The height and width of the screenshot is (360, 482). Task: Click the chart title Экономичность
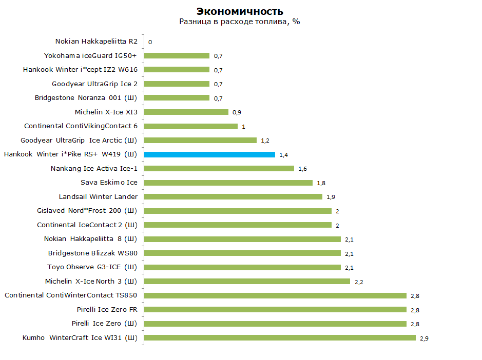click(x=240, y=11)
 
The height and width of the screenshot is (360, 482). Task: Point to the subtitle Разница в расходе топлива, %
click(x=240, y=22)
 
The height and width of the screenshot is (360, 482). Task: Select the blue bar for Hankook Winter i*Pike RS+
click(x=209, y=154)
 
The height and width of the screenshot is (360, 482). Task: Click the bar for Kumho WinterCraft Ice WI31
click(x=280, y=337)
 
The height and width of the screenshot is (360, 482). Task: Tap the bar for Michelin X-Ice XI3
click(x=186, y=112)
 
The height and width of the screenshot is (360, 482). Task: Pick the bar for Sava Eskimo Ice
click(x=228, y=183)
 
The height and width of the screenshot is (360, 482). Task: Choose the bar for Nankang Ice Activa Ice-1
click(x=219, y=168)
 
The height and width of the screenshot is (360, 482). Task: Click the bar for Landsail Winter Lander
click(x=233, y=196)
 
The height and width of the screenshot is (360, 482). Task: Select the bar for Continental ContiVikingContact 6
click(x=190, y=126)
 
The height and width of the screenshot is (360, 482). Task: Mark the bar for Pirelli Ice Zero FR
click(x=275, y=309)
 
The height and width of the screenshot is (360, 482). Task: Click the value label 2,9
click(x=424, y=338)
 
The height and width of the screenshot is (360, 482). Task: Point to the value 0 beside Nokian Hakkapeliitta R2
click(x=150, y=42)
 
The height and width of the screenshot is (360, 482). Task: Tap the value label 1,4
click(x=283, y=155)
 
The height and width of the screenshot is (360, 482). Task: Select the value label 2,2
click(x=358, y=282)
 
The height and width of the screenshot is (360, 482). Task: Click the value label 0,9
click(x=237, y=112)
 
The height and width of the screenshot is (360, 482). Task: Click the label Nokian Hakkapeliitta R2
click(x=97, y=42)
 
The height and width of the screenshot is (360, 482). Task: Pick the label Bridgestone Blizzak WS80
click(x=93, y=253)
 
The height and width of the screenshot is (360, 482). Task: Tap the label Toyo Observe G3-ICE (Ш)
click(x=92, y=267)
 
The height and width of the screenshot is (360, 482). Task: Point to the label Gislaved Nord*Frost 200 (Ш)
click(x=87, y=211)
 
